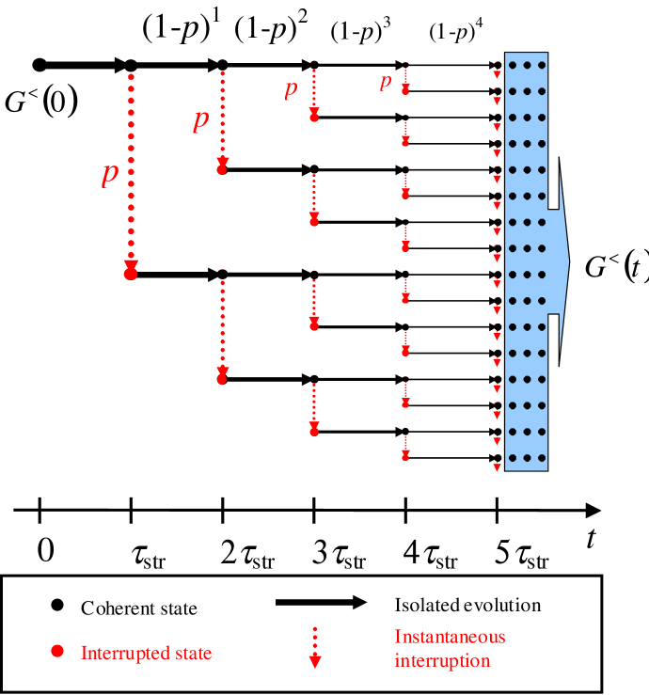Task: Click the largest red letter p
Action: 110,174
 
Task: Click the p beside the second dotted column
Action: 200,120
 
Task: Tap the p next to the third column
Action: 291,89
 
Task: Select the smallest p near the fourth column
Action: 385,83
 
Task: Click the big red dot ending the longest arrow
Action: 131,273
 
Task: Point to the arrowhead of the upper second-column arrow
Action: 222,166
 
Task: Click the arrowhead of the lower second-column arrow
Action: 222,376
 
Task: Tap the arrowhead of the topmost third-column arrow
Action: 314,115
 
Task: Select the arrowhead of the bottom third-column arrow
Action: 314,429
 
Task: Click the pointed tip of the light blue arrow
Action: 568,261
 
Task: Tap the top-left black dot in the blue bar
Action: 514,66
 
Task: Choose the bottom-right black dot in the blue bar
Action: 541,458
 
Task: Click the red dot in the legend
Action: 57,651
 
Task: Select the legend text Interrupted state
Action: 146,653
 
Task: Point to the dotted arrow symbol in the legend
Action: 315,649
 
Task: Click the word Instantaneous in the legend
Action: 450,637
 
